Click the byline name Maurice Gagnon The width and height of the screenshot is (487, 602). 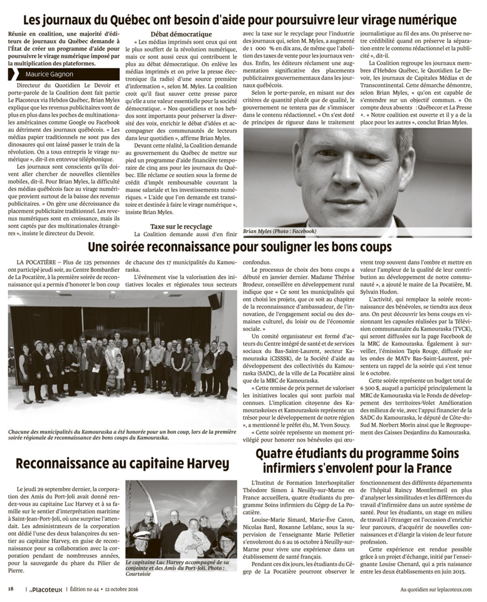coord(49,74)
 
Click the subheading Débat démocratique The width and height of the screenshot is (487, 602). coord(181,34)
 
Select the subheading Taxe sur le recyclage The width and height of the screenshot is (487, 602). coord(181,226)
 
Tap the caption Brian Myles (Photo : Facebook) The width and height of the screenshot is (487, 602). coord(280,231)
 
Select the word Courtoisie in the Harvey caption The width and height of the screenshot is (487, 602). coord(138,574)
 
